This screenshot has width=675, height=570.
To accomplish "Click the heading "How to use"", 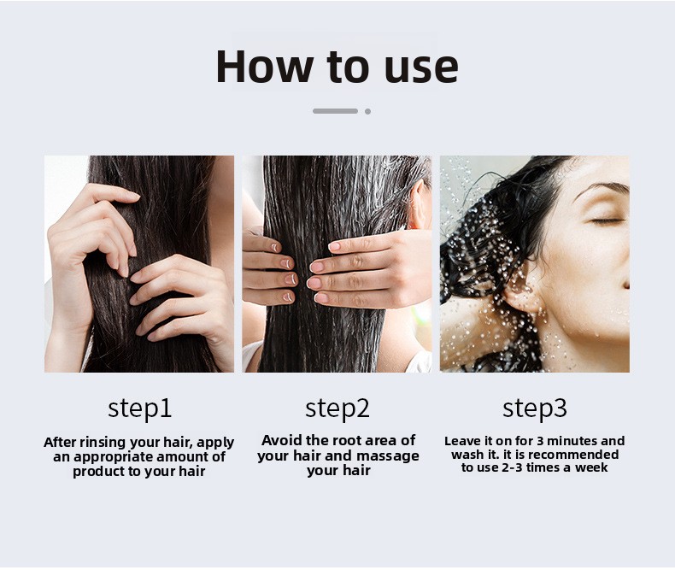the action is click(337, 67).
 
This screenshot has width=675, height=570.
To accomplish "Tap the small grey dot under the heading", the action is click(367, 111).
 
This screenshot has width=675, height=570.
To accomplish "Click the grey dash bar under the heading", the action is click(335, 111).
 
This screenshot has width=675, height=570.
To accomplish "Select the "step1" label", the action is click(139, 409).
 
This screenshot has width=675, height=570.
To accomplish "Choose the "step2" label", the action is click(337, 409).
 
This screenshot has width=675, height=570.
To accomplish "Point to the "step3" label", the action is click(535, 409).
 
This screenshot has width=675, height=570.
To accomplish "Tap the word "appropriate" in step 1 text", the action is click(115, 457).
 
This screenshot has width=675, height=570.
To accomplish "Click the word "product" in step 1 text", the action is click(92, 472).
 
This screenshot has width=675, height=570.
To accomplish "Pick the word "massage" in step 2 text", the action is click(388, 455).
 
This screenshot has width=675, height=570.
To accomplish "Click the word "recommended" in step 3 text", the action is click(574, 455).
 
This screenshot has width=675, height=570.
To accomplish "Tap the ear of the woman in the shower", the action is click(524, 292).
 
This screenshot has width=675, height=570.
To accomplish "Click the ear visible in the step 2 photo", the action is click(418, 204).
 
